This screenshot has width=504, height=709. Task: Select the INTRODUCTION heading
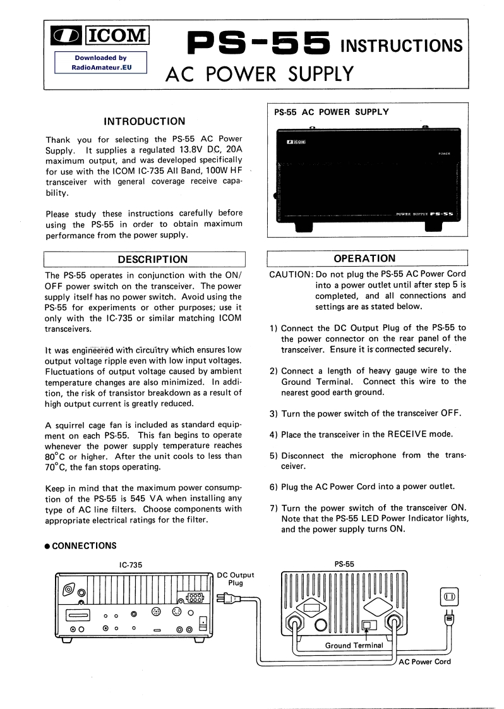tap(145, 121)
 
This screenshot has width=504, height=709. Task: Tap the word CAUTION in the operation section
tap(291, 274)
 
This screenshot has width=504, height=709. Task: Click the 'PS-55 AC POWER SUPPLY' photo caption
tap(332, 112)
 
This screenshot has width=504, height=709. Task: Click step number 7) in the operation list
tap(273, 508)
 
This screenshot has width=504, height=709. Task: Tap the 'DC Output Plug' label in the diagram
tap(235, 578)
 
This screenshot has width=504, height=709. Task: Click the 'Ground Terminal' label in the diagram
tap(354, 645)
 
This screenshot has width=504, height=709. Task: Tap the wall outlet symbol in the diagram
tap(449, 597)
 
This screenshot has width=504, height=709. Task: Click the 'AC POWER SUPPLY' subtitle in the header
tap(259, 75)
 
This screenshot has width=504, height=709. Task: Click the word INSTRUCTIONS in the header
tap(402, 46)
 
